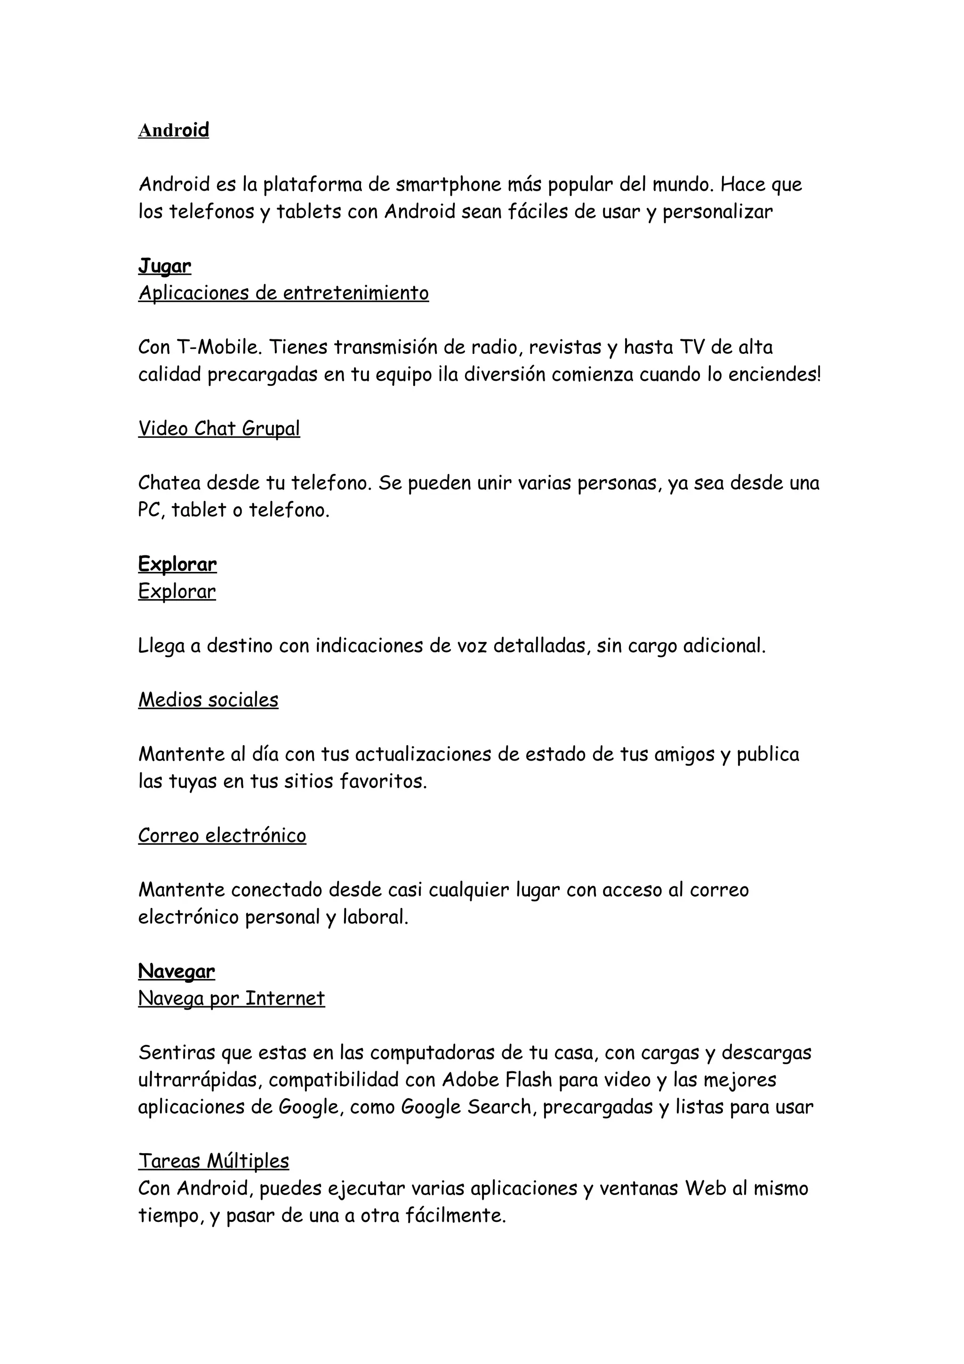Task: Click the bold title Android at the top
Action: (x=173, y=130)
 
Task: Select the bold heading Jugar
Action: (x=165, y=266)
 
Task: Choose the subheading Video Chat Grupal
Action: (x=219, y=428)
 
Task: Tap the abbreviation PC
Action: (x=150, y=510)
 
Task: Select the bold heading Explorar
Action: (x=177, y=564)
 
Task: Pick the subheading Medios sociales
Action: (x=208, y=700)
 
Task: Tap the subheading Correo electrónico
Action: (x=222, y=835)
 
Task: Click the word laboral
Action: (x=375, y=917)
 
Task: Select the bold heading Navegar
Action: (x=177, y=971)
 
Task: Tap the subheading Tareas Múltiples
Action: (x=214, y=1161)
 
